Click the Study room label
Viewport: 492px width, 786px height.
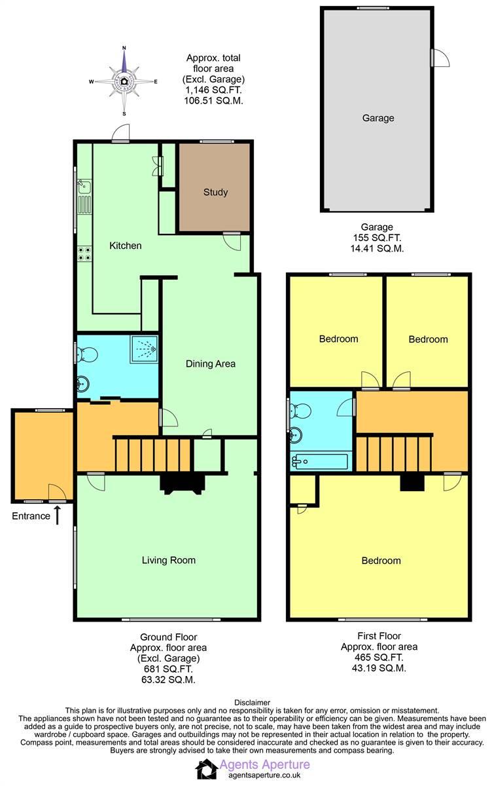pyautogui.click(x=215, y=193)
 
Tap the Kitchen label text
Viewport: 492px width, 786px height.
pyautogui.click(x=125, y=246)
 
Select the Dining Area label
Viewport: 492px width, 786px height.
pyautogui.click(x=211, y=364)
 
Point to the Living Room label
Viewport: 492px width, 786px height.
pyautogui.click(x=169, y=560)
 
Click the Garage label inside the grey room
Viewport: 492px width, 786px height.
pyautogui.click(x=378, y=119)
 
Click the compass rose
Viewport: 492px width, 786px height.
pyautogui.click(x=124, y=81)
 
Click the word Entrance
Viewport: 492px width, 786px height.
pyautogui.click(x=31, y=516)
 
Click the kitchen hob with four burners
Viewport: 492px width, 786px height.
pyautogui.click(x=85, y=253)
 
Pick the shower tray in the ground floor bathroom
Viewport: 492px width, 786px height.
pyautogui.click(x=144, y=348)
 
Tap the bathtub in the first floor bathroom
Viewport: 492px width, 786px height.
pyautogui.click(x=321, y=461)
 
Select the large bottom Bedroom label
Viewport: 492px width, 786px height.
pyautogui.click(x=381, y=561)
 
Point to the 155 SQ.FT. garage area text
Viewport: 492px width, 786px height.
pyautogui.click(x=378, y=238)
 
